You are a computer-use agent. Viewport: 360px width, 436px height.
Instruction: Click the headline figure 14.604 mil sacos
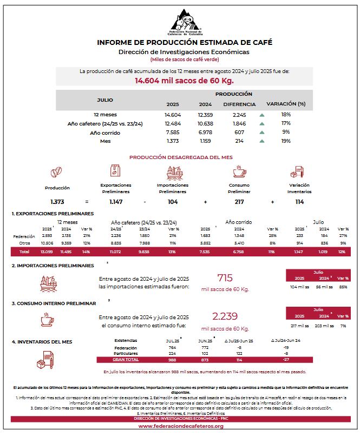[x=184, y=81]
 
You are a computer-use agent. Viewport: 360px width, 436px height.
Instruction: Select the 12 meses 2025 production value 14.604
[x=173, y=115]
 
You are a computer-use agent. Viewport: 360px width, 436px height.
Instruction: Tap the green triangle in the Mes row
[x=261, y=141]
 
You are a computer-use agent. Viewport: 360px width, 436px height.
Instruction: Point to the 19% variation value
[x=286, y=141]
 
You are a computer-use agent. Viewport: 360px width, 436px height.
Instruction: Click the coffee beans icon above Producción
[x=57, y=173]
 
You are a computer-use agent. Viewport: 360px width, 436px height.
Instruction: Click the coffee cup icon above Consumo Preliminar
[x=239, y=173]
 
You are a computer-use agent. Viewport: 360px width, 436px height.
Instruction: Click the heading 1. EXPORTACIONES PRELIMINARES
[x=53, y=214]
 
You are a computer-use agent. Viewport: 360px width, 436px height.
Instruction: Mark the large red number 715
[x=225, y=278]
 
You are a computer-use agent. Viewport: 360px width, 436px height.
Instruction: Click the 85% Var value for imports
[x=343, y=286]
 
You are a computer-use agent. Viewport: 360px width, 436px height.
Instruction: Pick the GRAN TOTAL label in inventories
[x=126, y=359]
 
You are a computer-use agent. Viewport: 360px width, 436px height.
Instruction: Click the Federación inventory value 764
[x=173, y=348]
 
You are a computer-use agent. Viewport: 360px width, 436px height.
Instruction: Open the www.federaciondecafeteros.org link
[x=181, y=426]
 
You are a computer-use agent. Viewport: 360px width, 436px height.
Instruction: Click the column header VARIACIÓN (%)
[x=286, y=103]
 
